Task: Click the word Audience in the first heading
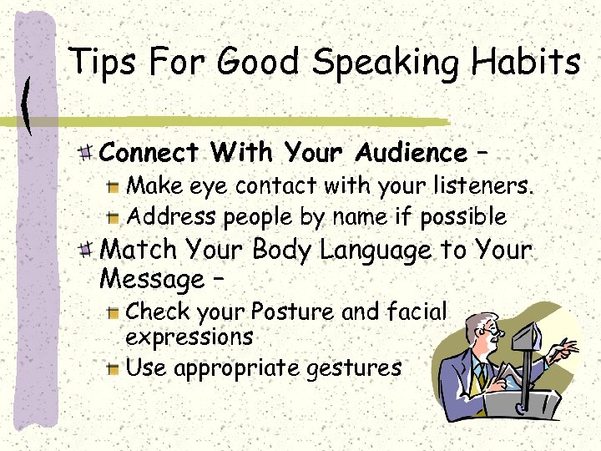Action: point(412,153)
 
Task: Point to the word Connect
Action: point(149,153)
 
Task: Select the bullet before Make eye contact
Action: point(114,186)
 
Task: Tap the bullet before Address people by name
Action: point(114,217)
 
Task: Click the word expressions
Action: point(189,337)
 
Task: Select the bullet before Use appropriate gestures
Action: point(114,368)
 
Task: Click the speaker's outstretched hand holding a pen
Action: point(564,348)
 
